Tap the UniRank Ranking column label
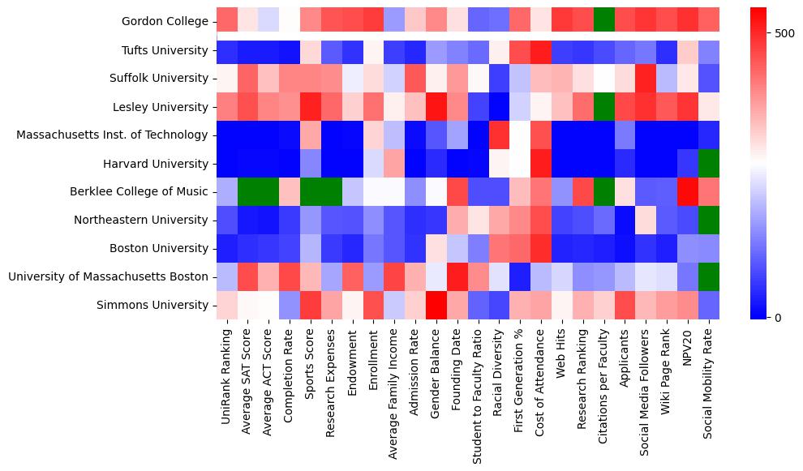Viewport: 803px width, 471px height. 227,378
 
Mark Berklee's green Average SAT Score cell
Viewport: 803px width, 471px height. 248,192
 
